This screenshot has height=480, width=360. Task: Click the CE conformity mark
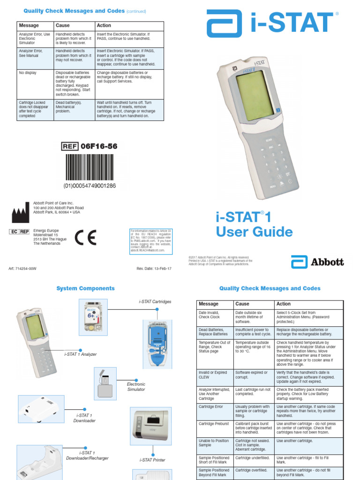coord(86,238)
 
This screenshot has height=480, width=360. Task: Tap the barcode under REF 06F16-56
coord(90,167)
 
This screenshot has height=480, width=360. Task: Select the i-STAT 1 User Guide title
coord(254,225)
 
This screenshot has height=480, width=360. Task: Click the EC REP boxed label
coord(19,232)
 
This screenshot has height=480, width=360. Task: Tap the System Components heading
coord(85,288)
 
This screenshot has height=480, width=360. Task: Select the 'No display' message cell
coord(28,73)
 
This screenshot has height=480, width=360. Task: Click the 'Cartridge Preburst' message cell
coord(214,424)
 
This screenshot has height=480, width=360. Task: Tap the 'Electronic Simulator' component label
coord(136,387)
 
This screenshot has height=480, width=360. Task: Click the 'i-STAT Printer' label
coord(152,460)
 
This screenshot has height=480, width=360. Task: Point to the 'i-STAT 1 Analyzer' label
coord(81,354)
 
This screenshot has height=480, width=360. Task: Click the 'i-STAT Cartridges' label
coord(155,301)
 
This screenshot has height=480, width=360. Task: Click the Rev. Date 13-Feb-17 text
coord(154,269)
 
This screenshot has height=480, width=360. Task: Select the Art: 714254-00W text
coord(22,269)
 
